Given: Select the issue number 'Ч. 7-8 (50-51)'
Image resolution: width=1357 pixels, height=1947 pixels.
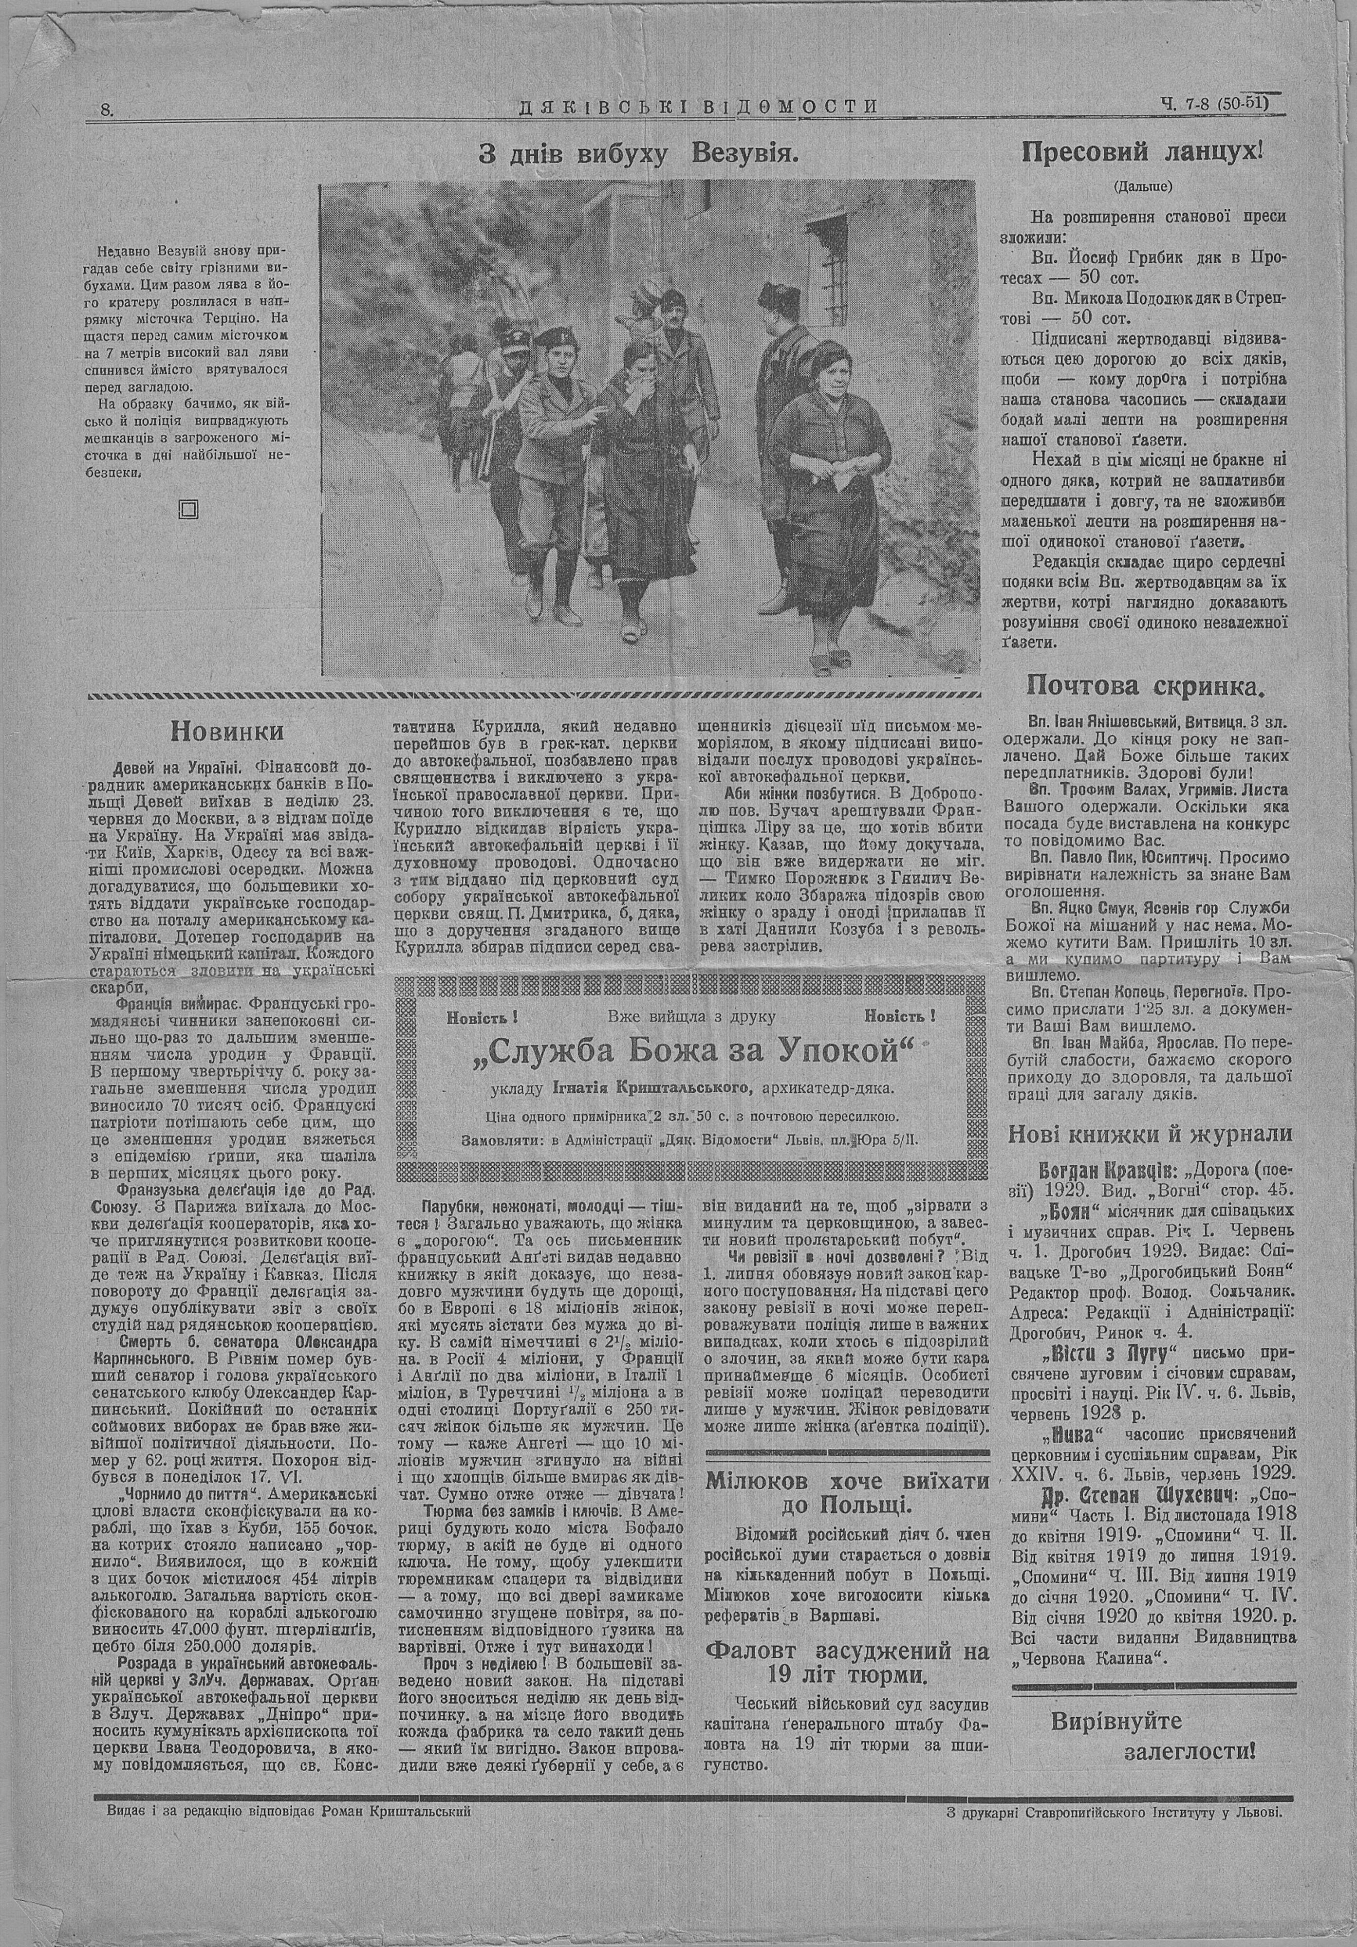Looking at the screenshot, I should point(1218,104).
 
